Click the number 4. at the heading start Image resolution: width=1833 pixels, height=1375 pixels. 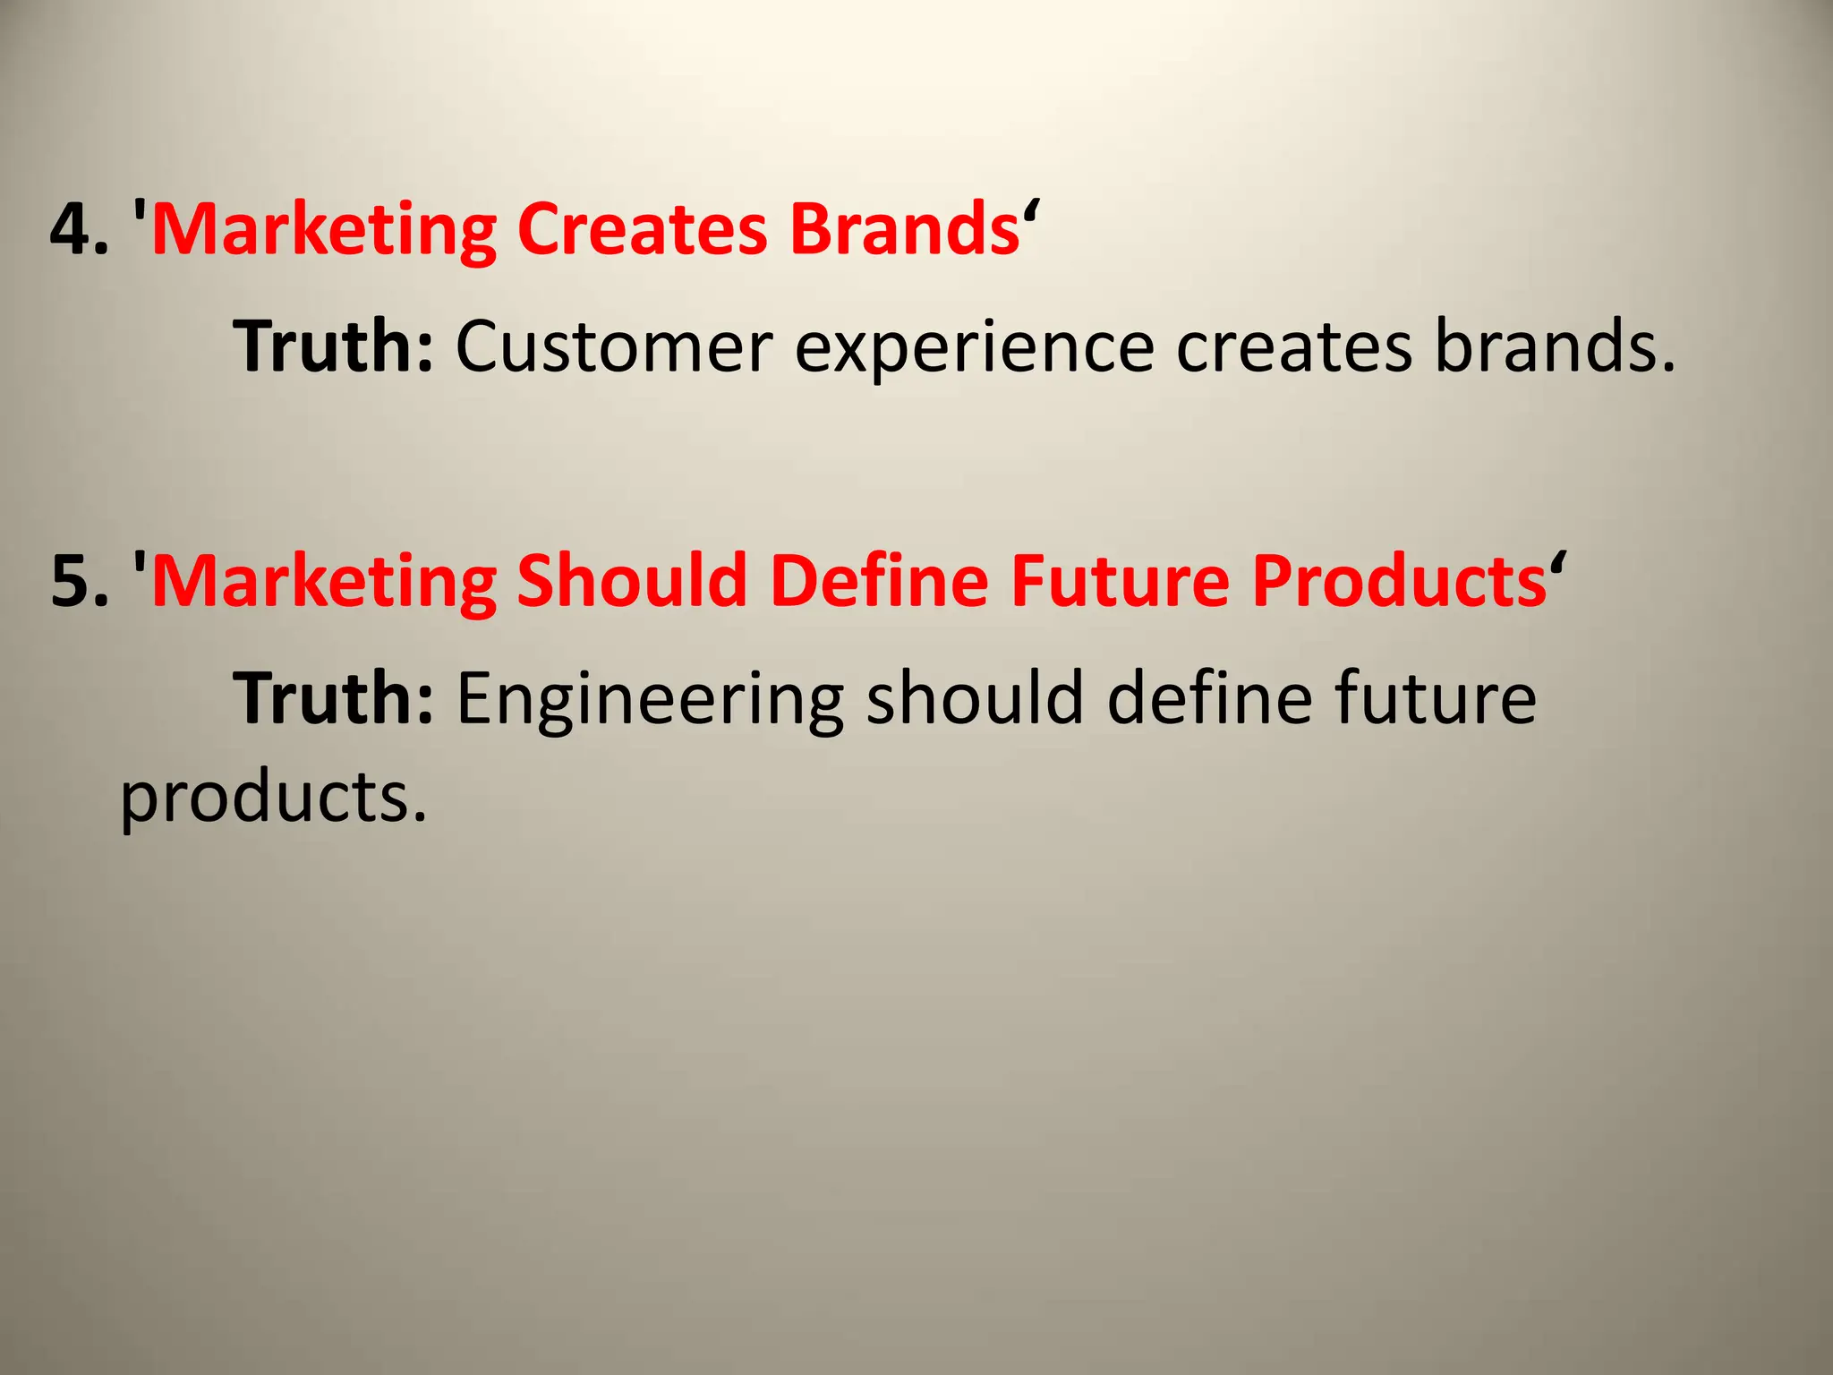(80, 229)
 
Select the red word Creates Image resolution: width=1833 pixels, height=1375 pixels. (642, 229)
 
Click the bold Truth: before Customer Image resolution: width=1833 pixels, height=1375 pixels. (334, 346)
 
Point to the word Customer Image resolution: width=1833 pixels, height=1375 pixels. (614, 346)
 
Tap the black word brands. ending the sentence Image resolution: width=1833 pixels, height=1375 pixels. (1556, 346)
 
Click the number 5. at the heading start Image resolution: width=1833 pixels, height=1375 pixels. (80, 582)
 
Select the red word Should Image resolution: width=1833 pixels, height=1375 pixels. (632, 582)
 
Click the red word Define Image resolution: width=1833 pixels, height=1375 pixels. (879, 582)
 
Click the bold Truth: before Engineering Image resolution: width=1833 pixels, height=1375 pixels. (334, 698)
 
